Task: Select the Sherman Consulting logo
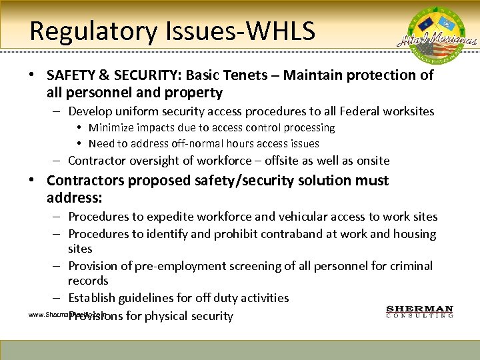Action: click(420, 312)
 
